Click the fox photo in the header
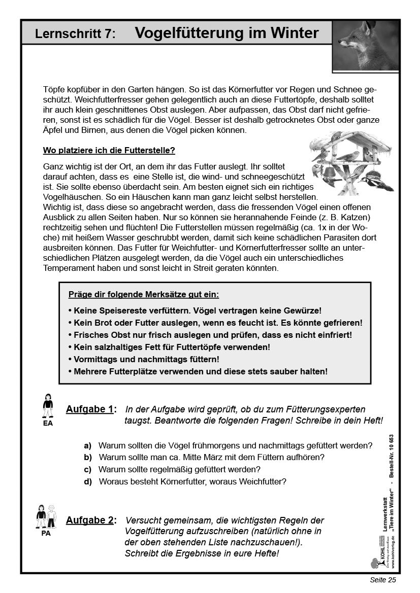tap(365, 46)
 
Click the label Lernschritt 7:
tap(76, 34)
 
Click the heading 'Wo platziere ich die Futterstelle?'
tap(109, 151)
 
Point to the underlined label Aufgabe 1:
tap(91, 409)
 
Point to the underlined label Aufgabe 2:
tap(91, 520)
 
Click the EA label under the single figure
tap(48, 423)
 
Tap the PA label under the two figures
tap(46, 533)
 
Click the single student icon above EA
tap(48, 405)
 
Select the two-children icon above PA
tap(46, 516)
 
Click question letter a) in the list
tap(88, 445)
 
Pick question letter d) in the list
tap(88, 481)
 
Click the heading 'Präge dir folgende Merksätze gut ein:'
tap(144, 294)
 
